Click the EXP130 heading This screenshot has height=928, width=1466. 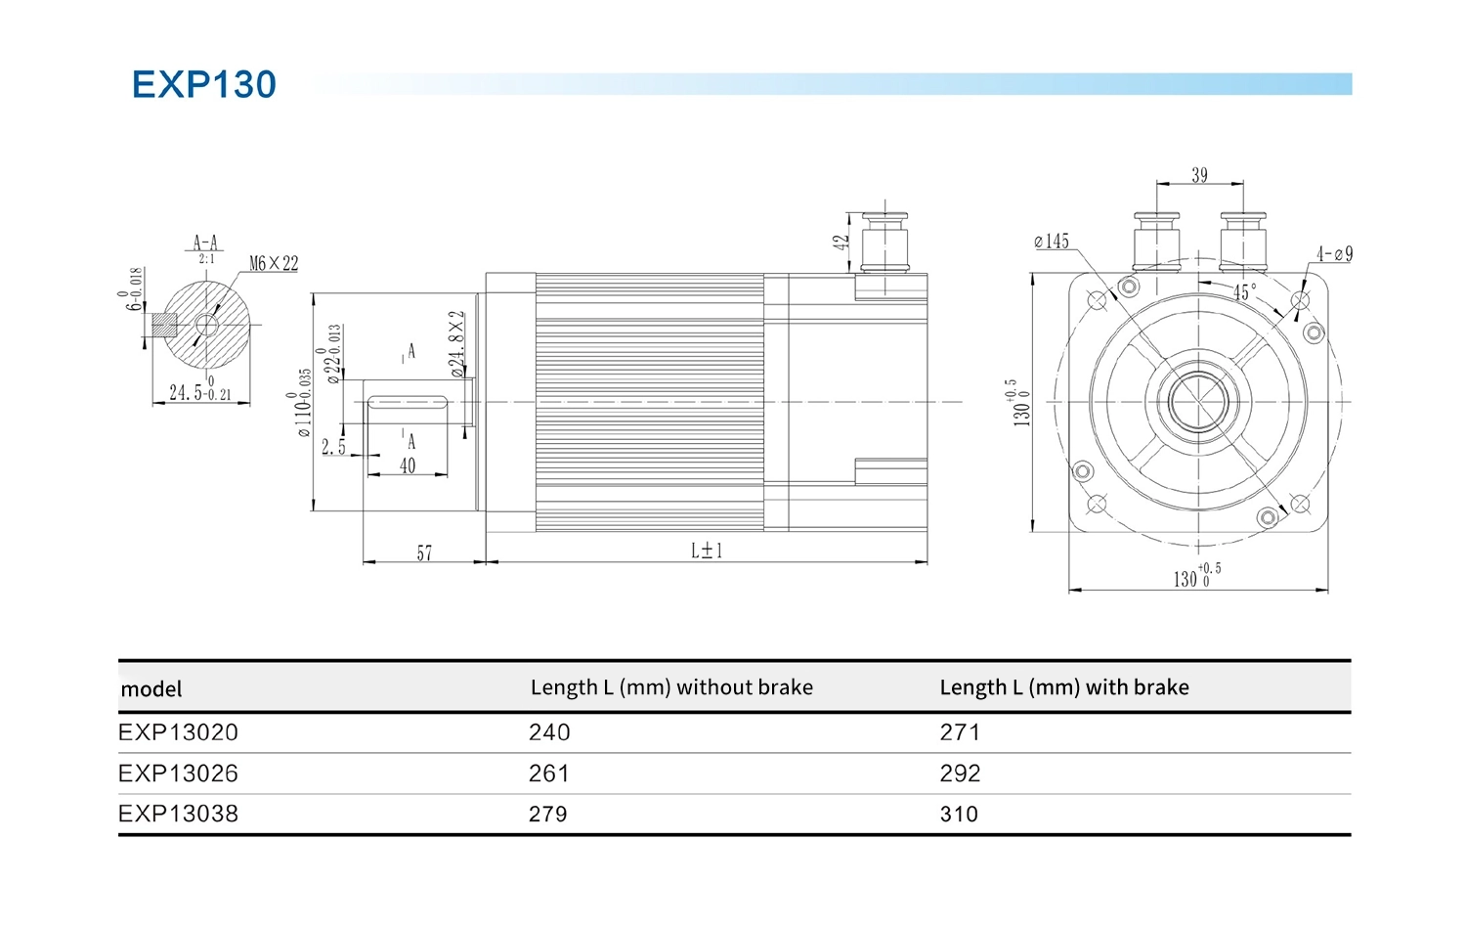click(204, 85)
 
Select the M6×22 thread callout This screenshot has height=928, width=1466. click(274, 264)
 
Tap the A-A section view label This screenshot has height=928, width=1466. click(205, 243)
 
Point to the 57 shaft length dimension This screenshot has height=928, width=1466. click(424, 553)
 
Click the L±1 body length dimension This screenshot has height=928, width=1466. click(707, 551)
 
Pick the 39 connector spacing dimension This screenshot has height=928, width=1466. click(1199, 175)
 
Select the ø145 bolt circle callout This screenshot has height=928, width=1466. click(1052, 242)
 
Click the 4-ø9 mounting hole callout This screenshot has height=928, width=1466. click(1334, 254)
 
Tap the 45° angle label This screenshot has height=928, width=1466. click(1244, 292)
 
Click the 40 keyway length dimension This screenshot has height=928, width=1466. click(408, 466)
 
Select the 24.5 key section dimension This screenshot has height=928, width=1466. click(200, 392)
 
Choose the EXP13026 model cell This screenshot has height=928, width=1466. click(178, 773)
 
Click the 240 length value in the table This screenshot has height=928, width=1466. click(549, 732)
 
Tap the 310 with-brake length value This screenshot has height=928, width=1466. click(959, 815)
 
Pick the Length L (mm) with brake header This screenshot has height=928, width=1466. click(1064, 687)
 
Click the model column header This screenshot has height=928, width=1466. click(151, 689)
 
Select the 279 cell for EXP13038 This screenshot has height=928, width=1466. click(547, 815)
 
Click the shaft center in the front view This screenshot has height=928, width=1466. click(1198, 402)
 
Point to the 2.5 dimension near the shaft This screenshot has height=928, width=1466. click(333, 447)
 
